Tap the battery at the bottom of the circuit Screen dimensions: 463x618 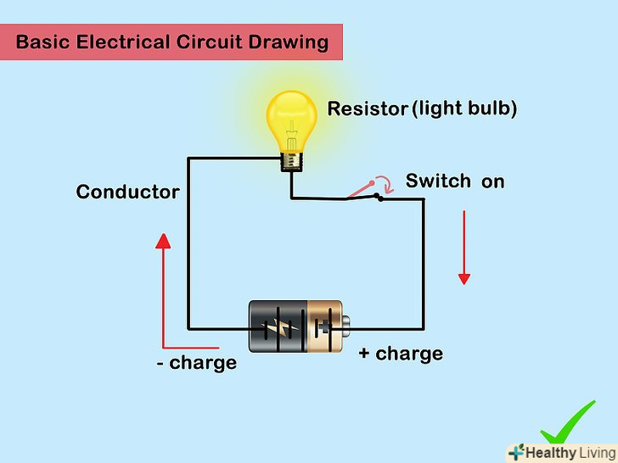297,326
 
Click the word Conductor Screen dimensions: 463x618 127,192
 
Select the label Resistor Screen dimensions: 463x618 367,109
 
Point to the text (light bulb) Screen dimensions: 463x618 464,109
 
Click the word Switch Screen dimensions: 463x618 438,181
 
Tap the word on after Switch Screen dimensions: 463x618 493,181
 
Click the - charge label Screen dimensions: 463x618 196,363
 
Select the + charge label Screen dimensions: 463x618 401,353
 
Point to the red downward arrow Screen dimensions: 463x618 463,249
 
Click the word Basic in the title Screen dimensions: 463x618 42,42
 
